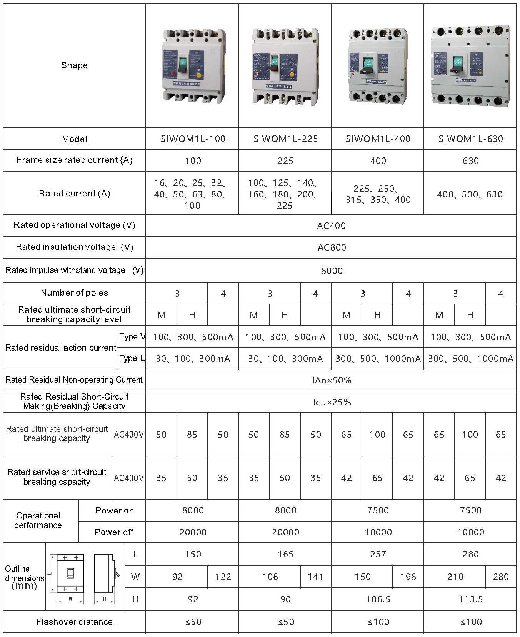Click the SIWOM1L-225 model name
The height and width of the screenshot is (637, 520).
point(285,139)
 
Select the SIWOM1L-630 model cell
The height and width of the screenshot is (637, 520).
point(470,139)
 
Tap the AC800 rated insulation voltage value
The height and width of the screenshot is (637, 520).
point(332,247)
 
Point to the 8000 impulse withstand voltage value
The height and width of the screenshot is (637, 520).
point(332,271)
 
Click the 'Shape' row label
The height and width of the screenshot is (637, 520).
point(74,65)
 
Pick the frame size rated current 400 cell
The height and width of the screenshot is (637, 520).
point(378,161)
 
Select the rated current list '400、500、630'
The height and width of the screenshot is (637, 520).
point(470,194)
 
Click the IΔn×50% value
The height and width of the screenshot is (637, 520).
point(332,380)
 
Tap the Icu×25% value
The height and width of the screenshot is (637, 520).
point(332,402)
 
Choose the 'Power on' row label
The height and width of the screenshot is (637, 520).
point(114,511)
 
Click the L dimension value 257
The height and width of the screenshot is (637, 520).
point(378,554)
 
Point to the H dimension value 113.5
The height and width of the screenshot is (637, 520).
point(470,599)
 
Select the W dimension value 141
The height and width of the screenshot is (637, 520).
point(315,577)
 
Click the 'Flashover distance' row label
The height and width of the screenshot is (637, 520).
point(74,622)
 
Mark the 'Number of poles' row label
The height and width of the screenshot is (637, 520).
point(74,293)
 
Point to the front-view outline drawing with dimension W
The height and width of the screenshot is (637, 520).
point(70,573)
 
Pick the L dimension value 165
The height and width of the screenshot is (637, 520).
point(285,554)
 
